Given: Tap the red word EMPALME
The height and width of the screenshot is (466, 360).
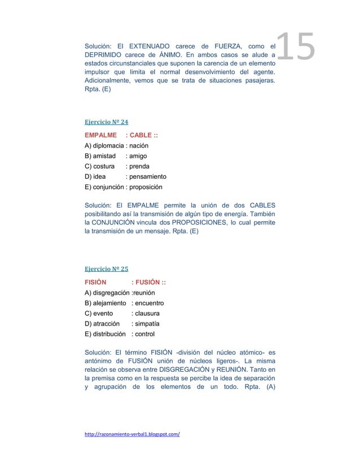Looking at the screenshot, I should pos(100,135).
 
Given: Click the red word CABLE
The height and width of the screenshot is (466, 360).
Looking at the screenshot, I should pos(141,135).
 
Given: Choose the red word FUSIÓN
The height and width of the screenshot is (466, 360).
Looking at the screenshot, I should pos(147,283).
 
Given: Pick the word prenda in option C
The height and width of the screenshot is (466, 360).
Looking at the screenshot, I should pos(140,166).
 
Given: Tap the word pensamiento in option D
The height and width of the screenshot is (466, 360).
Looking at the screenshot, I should pos(148,177).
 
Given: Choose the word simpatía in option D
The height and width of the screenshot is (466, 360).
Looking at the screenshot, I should pos(145,324).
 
